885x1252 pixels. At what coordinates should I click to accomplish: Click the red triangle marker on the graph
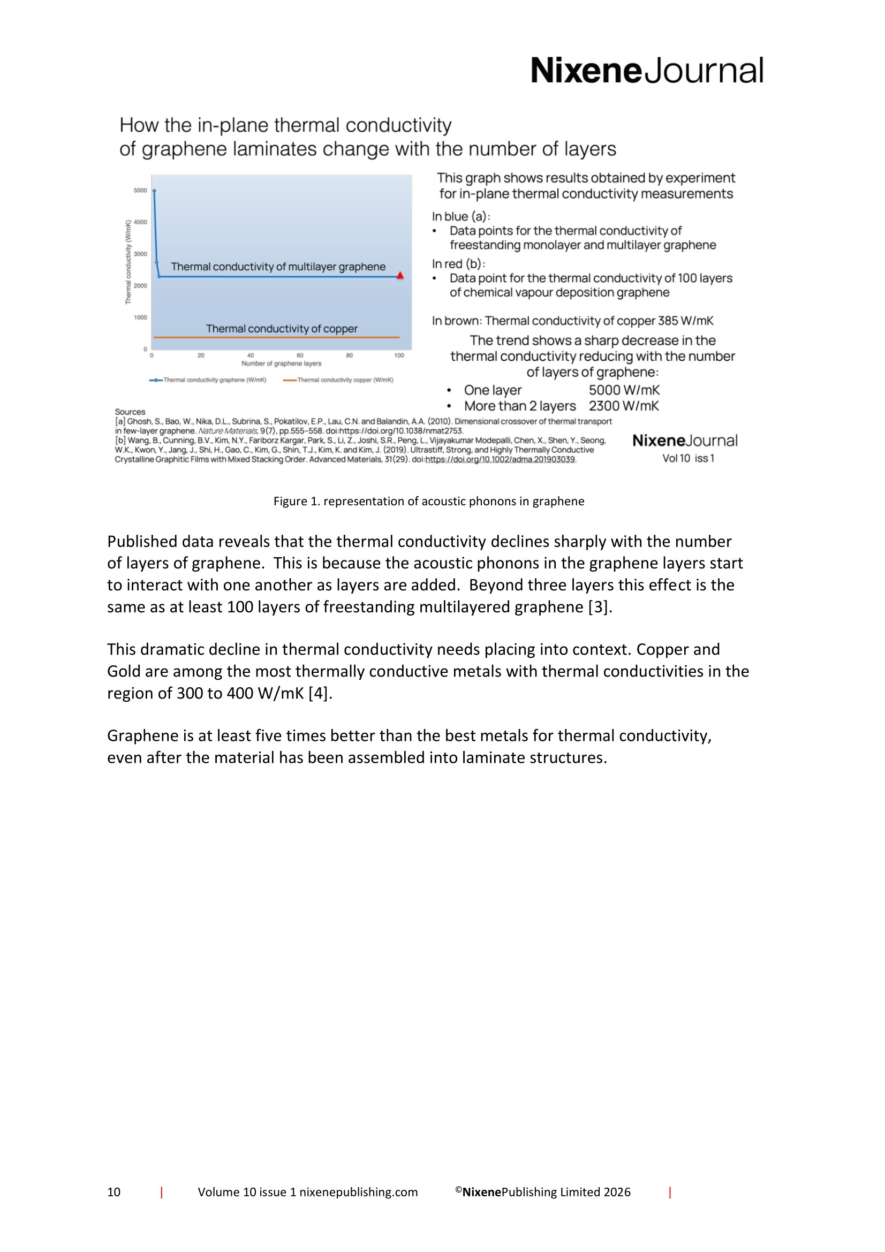click(x=400, y=275)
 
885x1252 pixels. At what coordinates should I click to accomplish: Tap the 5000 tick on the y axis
click(x=140, y=191)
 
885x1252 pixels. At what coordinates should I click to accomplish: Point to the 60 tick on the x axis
click(x=300, y=355)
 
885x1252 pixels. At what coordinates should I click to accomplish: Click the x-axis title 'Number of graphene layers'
click(x=282, y=363)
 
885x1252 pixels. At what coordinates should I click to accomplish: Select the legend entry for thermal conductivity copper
click(x=338, y=380)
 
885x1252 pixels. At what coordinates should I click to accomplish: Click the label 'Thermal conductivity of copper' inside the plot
click(x=282, y=329)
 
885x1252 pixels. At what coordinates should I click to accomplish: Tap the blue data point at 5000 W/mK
click(x=154, y=191)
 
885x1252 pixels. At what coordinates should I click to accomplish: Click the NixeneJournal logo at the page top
click(x=647, y=71)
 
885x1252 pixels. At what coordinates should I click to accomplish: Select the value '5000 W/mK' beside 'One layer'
click(x=624, y=390)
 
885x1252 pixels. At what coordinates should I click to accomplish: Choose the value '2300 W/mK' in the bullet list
click(x=624, y=406)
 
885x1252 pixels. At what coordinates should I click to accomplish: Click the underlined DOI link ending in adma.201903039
click(x=500, y=460)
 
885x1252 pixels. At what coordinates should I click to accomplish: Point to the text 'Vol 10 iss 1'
click(x=688, y=459)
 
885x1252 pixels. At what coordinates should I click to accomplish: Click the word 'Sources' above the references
click(x=130, y=412)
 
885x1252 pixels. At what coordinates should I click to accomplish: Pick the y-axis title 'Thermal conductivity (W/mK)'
click(x=128, y=262)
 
